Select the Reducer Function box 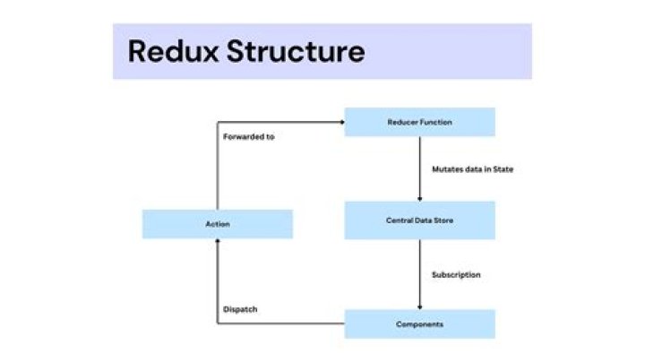[419, 122]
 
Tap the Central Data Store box [419, 220]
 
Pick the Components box [419, 323]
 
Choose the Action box [217, 224]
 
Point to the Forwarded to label [248, 136]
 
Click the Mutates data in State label [472, 168]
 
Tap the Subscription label [456, 274]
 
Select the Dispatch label [240, 310]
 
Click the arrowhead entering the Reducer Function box [341, 122]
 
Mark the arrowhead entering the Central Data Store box [419, 198]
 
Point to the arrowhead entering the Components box [419, 306]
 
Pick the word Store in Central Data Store [444, 220]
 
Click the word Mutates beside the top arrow [447, 168]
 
